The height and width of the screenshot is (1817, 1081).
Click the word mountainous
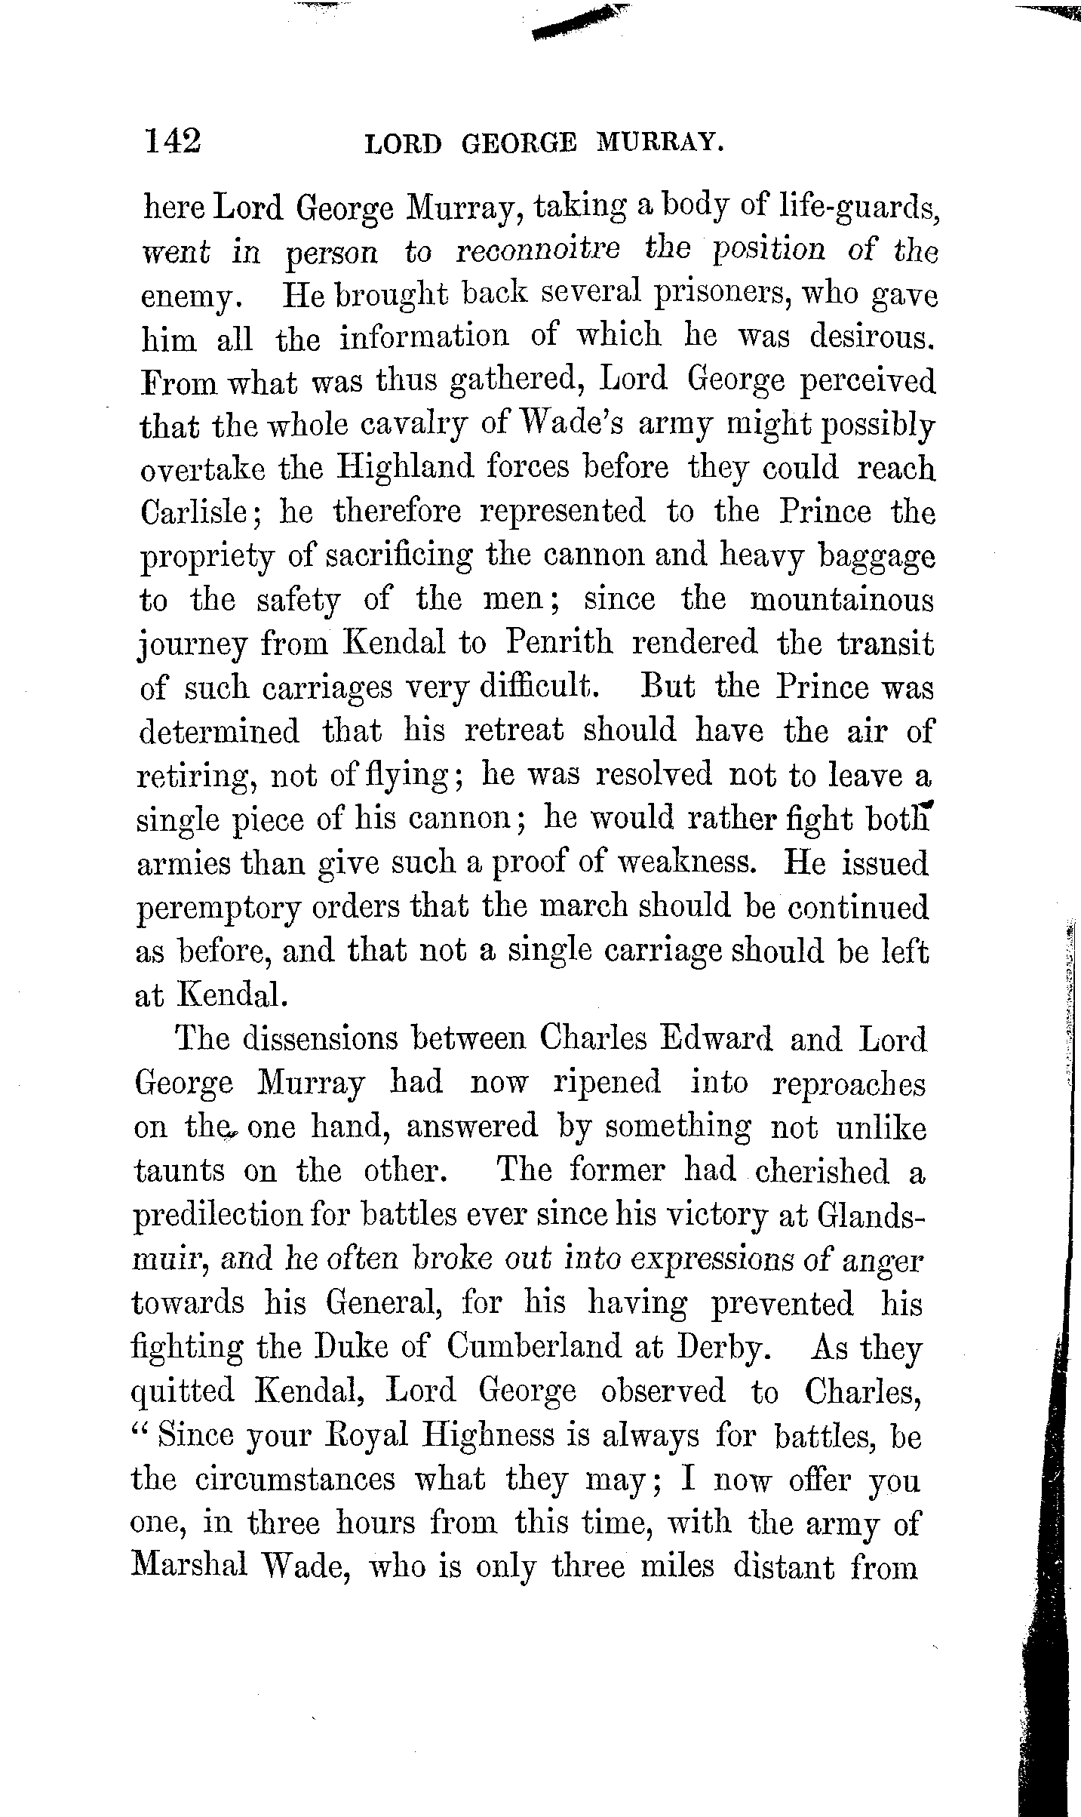click(841, 600)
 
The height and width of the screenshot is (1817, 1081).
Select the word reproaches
click(849, 1084)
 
